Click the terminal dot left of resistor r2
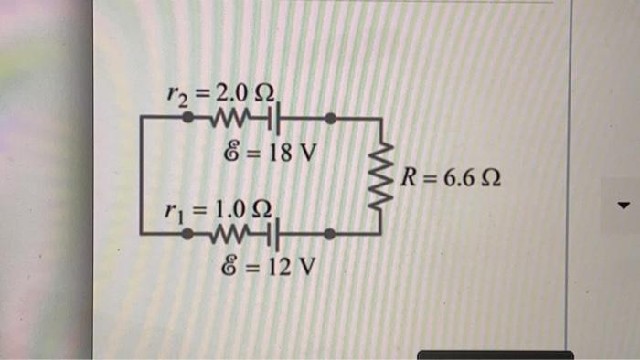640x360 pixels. coord(187,118)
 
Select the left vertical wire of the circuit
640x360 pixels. coord(143,176)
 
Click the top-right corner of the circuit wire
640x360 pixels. coord(380,119)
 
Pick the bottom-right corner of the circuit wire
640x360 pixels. coord(380,235)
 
